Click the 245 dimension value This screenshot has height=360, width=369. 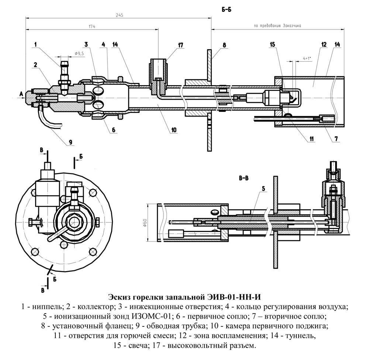(x=119, y=15)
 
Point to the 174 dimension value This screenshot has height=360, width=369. (x=92, y=27)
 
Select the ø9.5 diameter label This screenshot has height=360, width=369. (x=79, y=53)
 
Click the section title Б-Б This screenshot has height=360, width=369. (x=226, y=10)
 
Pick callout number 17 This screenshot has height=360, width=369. (x=180, y=45)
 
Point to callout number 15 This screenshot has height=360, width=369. (x=272, y=45)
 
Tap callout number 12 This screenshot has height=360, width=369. (x=324, y=45)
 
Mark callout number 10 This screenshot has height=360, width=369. (x=174, y=130)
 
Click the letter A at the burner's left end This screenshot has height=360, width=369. (x=21, y=94)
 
